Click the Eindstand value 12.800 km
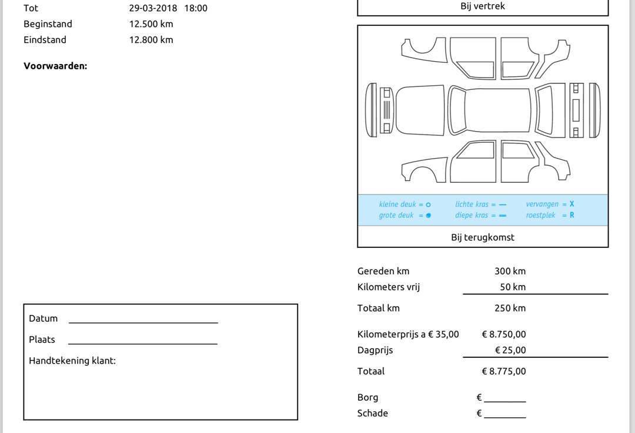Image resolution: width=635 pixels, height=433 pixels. pos(151,40)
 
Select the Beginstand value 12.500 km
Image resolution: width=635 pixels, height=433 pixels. pos(151,24)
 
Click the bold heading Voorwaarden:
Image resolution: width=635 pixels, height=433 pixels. pos(55,66)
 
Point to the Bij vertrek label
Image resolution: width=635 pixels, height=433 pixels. pos(483,6)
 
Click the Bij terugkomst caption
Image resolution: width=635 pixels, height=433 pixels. pos(483,237)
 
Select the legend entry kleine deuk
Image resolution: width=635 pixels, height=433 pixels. pos(397,204)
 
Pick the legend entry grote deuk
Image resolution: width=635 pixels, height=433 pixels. pos(396,216)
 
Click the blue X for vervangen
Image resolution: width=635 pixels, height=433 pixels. pos(572,204)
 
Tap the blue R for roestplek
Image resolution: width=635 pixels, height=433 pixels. pos(572,216)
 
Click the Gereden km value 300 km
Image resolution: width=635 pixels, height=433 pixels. pos(510,271)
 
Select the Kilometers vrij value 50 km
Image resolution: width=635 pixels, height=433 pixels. pos(513,287)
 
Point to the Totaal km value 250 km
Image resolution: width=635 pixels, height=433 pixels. pos(510,308)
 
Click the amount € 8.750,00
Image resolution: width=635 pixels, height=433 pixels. pos(504,335)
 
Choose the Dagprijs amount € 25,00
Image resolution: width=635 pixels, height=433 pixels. pos(510,351)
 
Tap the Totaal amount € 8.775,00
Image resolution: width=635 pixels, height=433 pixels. pos(504,372)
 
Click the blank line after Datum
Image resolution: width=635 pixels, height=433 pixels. pos(143,321)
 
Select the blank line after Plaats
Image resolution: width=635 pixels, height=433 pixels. pos(143,343)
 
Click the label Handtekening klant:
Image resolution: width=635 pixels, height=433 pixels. pos(72,361)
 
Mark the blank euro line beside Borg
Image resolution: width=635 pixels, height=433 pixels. pos(504,401)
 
